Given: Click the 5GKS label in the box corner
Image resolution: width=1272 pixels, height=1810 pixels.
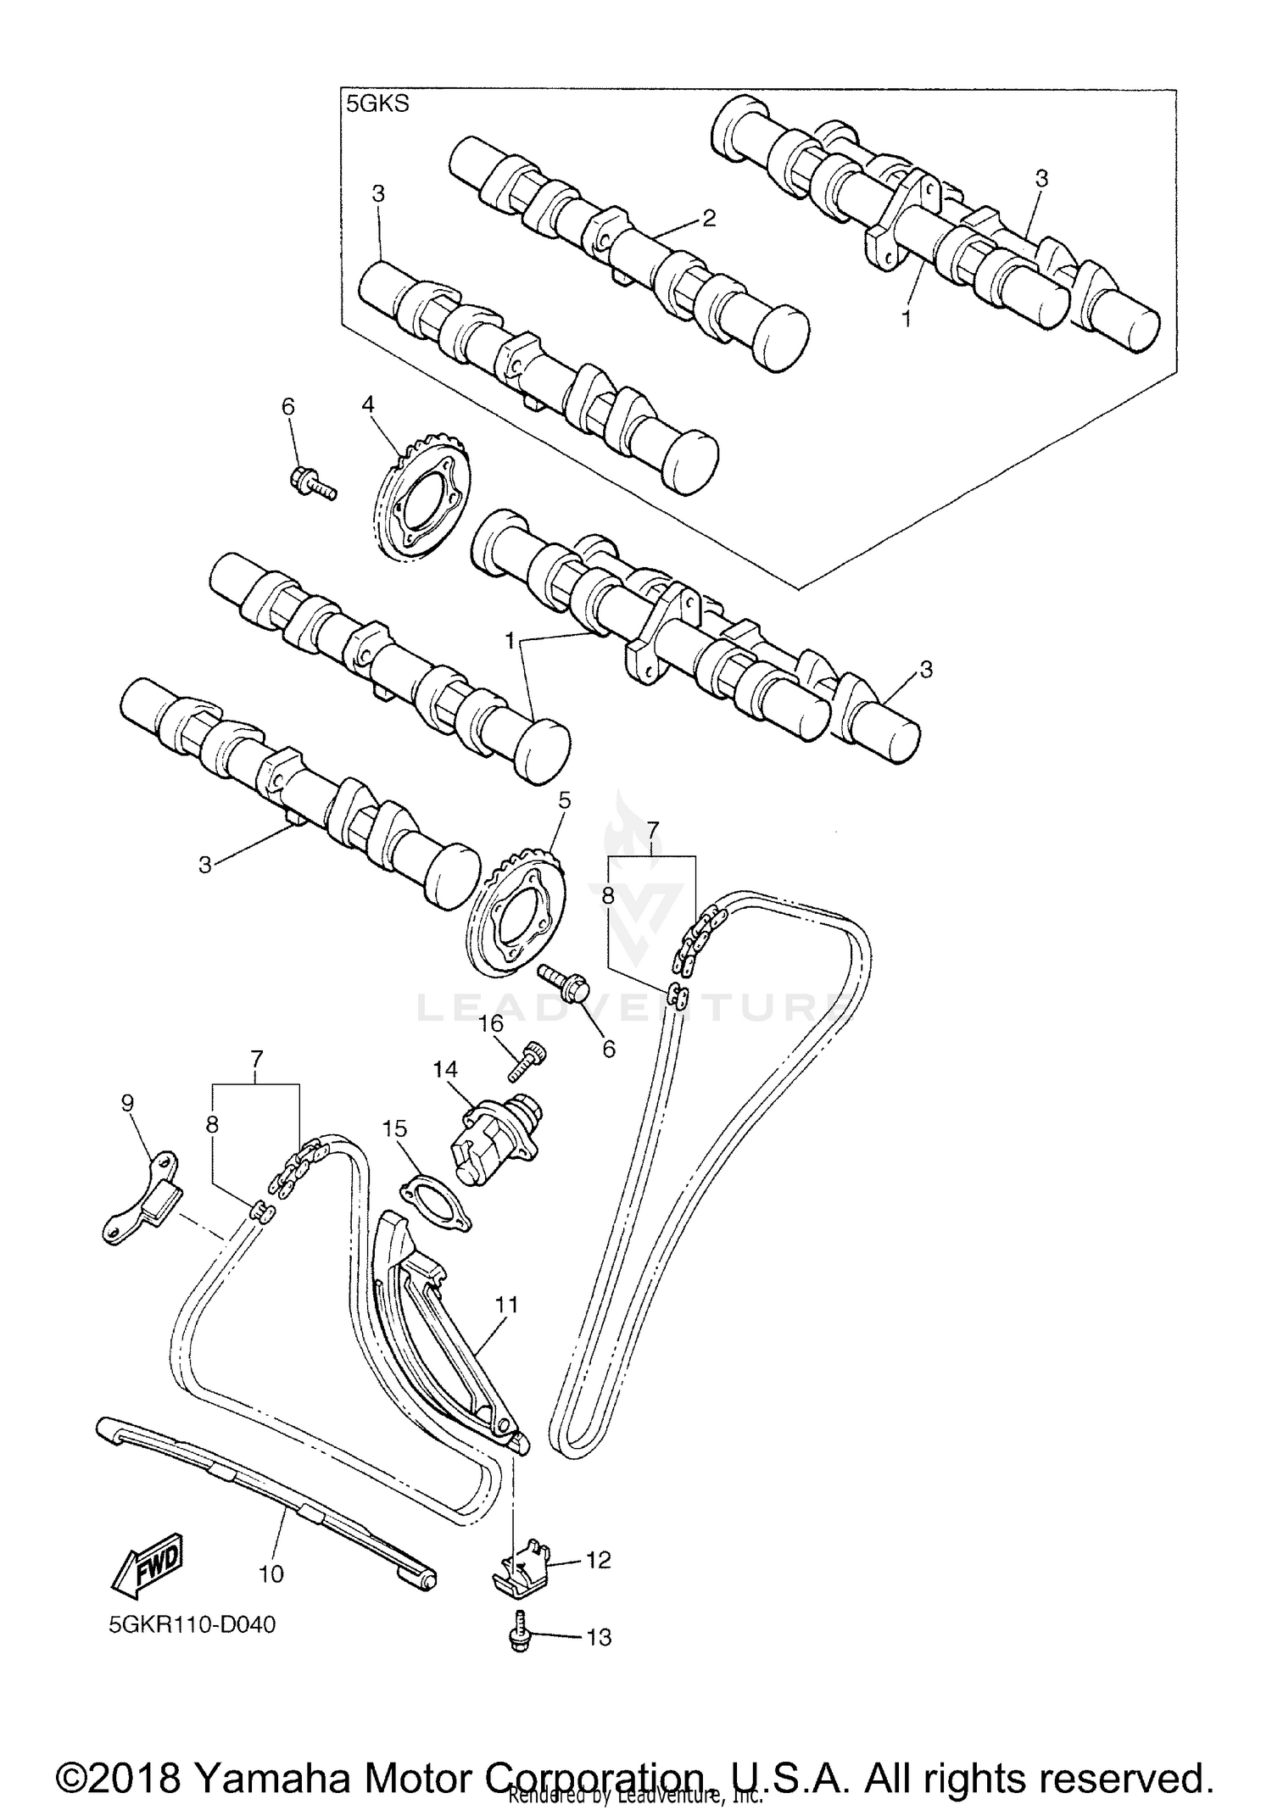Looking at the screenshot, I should (x=377, y=105).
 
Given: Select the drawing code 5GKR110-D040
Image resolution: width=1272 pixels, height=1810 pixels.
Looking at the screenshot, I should (x=192, y=1625).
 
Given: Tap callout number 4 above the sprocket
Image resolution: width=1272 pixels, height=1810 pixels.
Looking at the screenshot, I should (x=367, y=404).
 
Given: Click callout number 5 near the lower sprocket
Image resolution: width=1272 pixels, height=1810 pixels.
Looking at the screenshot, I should (x=564, y=800).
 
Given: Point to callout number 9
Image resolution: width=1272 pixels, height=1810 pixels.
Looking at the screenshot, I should (x=127, y=1103).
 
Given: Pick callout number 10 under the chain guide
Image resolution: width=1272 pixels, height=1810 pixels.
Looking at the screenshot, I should (x=271, y=1574).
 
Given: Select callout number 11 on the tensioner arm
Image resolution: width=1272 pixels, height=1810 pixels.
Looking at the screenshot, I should (x=507, y=1305).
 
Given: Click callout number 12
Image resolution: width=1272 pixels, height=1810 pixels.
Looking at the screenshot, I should (x=598, y=1560).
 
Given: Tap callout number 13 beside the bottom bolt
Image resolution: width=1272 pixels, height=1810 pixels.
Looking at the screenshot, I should (x=599, y=1637).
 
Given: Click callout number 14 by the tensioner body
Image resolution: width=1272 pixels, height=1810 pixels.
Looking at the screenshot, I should (x=444, y=1069).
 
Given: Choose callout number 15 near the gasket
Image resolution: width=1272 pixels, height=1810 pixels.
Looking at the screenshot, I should (x=394, y=1128).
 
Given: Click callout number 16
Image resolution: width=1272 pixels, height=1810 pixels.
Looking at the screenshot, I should (x=491, y=1025).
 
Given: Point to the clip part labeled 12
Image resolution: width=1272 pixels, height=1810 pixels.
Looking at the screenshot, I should (x=522, y=1563).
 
